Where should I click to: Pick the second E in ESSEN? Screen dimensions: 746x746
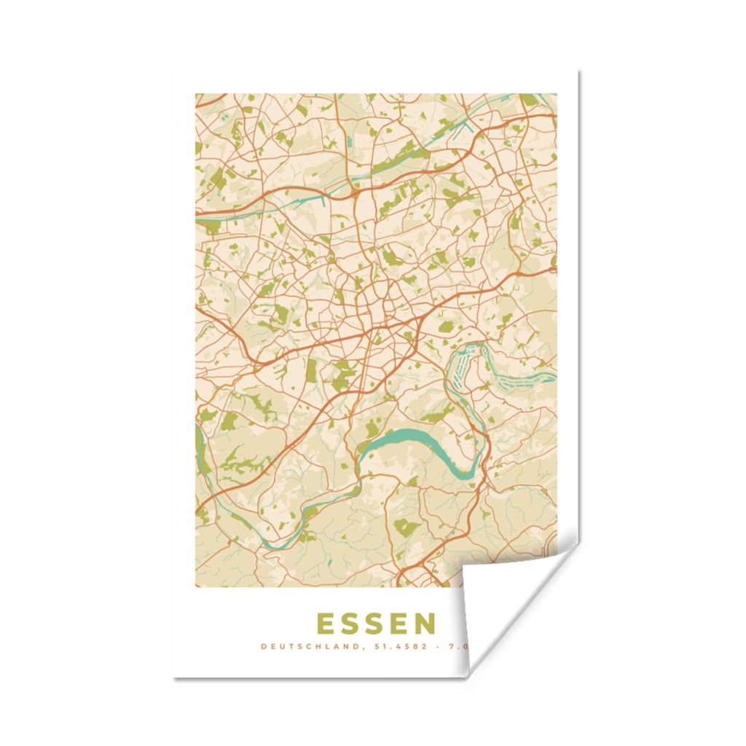[x=400, y=624]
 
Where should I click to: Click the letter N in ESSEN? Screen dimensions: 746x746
[x=425, y=624]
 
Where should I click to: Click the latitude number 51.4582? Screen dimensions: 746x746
[x=393, y=646]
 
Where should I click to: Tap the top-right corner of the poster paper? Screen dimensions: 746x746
[x=578, y=71]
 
